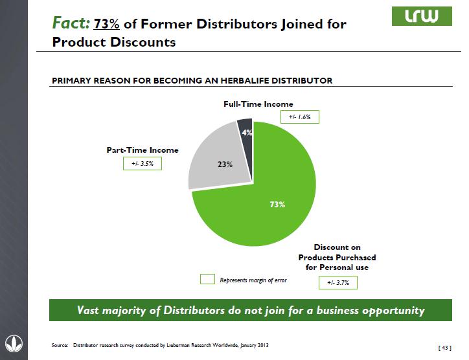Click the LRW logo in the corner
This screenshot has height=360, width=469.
pos(425,17)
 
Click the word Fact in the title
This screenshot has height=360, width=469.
pos(70,24)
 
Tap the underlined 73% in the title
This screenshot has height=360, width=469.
pos(107,24)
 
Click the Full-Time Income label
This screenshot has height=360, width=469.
pos(258,104)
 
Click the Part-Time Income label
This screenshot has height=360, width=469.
pos(143,150)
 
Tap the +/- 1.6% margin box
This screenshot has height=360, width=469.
pos(300,117)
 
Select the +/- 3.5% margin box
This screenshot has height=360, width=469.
pos(142,164)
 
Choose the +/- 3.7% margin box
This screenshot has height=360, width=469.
pos(338,282)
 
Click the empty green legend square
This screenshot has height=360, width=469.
pos(207,280)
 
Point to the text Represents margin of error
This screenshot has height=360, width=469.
pos(253,280)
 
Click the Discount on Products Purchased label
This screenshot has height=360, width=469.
pos(336,257)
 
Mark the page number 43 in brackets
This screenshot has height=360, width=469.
pos(445,348)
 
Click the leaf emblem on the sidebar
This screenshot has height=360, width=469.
pos(13,341)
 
